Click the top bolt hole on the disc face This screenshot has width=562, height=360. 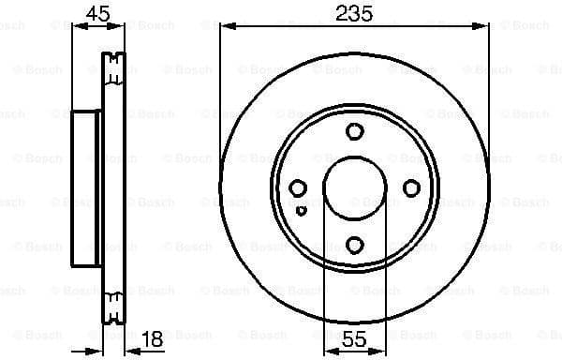354,132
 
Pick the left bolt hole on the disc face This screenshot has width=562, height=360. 298,188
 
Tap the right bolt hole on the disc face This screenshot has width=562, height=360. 410,188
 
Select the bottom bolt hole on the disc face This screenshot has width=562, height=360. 354,246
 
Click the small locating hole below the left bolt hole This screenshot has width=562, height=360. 301,210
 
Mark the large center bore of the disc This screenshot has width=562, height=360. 354,188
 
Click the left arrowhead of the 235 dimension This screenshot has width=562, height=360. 225,26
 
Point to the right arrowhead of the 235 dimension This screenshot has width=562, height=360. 484,26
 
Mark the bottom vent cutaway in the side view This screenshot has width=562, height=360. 113,306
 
